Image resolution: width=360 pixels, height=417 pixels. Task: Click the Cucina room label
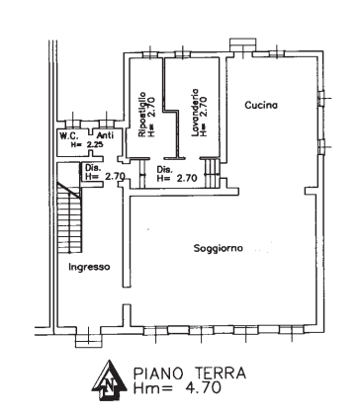(261, 104)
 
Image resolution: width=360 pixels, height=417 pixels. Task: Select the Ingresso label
(89, 267)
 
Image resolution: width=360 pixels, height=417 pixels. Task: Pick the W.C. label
(69, 135)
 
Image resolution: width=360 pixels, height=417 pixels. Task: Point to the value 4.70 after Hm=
(201, 388)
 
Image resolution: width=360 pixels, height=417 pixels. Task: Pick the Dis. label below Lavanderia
(165, 169)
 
